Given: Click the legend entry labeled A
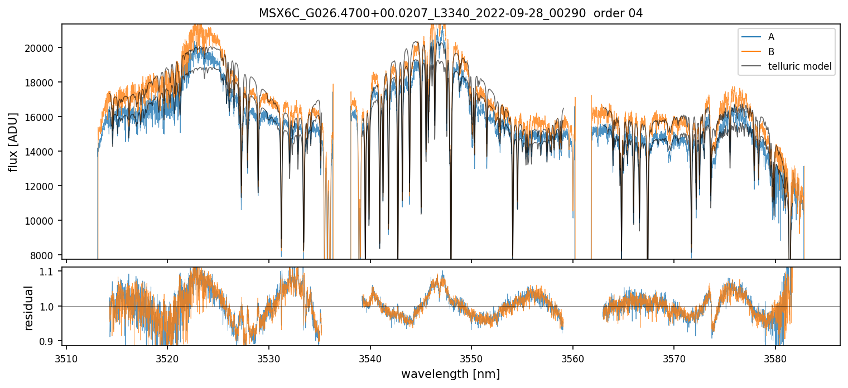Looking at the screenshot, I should point(771,37).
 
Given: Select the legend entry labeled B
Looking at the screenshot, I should point(771,52).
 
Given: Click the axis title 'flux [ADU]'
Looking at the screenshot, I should point(13,142).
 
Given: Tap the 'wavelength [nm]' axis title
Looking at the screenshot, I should point(450,374).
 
